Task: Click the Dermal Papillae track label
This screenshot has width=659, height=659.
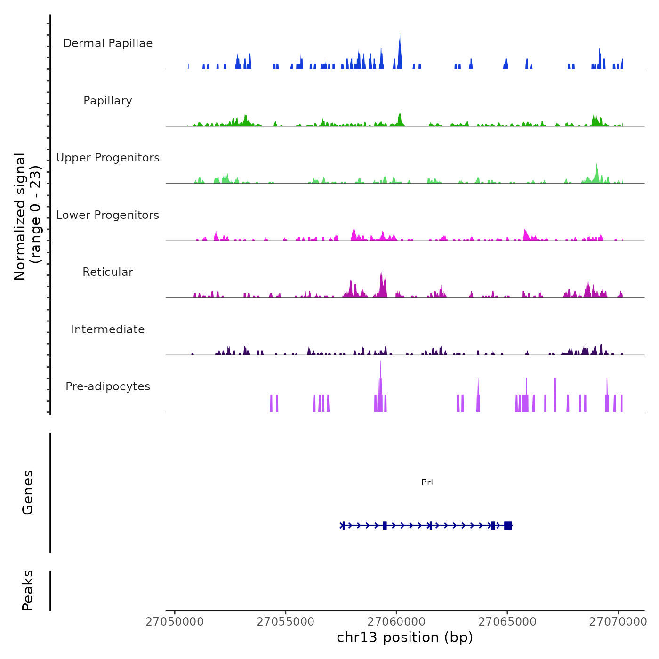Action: (108, 43)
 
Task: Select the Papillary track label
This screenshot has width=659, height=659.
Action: (108, 101)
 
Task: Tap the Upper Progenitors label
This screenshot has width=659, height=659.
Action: (108, 158)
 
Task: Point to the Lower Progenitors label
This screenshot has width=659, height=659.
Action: (108, 215)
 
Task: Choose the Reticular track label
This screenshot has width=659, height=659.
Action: (108, 272)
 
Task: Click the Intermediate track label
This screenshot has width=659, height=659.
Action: (108, 329)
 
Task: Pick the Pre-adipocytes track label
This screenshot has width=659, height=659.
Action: (108, 386)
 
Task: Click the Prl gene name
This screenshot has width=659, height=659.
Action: (427, 482)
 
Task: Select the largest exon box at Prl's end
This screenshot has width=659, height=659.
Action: (508, 525)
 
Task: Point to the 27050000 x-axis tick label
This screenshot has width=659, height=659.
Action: (175, 622)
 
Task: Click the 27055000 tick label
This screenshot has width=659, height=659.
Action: (285, 622)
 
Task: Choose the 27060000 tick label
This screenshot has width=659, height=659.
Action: (396, 622)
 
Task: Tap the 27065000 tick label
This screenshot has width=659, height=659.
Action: (507, 622)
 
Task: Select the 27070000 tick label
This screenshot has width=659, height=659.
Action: (618, 622)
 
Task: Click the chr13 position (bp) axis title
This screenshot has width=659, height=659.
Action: (405, 638)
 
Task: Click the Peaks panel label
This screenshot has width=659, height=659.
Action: (28, 590)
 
